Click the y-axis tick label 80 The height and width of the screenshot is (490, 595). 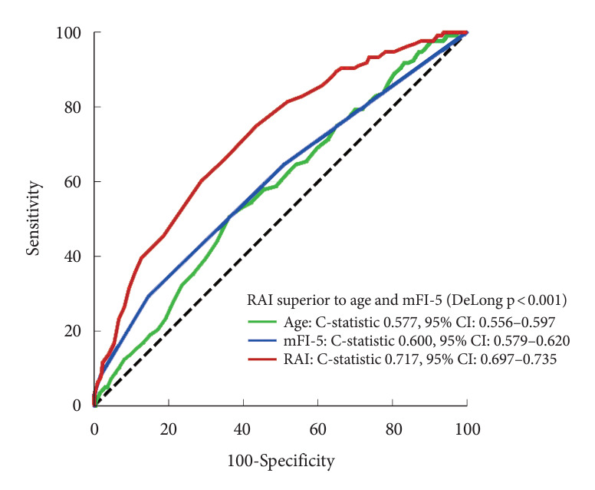(72, 108)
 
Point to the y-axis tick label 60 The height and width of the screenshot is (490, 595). (72, 182)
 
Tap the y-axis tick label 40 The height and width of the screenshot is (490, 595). (72, 257)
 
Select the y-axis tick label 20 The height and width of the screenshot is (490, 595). (72, 331)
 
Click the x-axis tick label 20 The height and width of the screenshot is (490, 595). (168, 429)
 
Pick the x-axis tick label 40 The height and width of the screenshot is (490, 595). (242, 429)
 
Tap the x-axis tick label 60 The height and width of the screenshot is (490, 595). (317, 429)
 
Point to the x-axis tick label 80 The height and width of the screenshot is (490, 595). (393, 429)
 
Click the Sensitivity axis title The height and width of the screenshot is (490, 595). (34, 219)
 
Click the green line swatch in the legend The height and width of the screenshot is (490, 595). (262, 322)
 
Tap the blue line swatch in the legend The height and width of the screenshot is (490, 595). (262, 340)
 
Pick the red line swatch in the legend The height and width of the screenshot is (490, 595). (262, 359)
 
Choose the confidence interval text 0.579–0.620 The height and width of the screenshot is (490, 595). (531, 341)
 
